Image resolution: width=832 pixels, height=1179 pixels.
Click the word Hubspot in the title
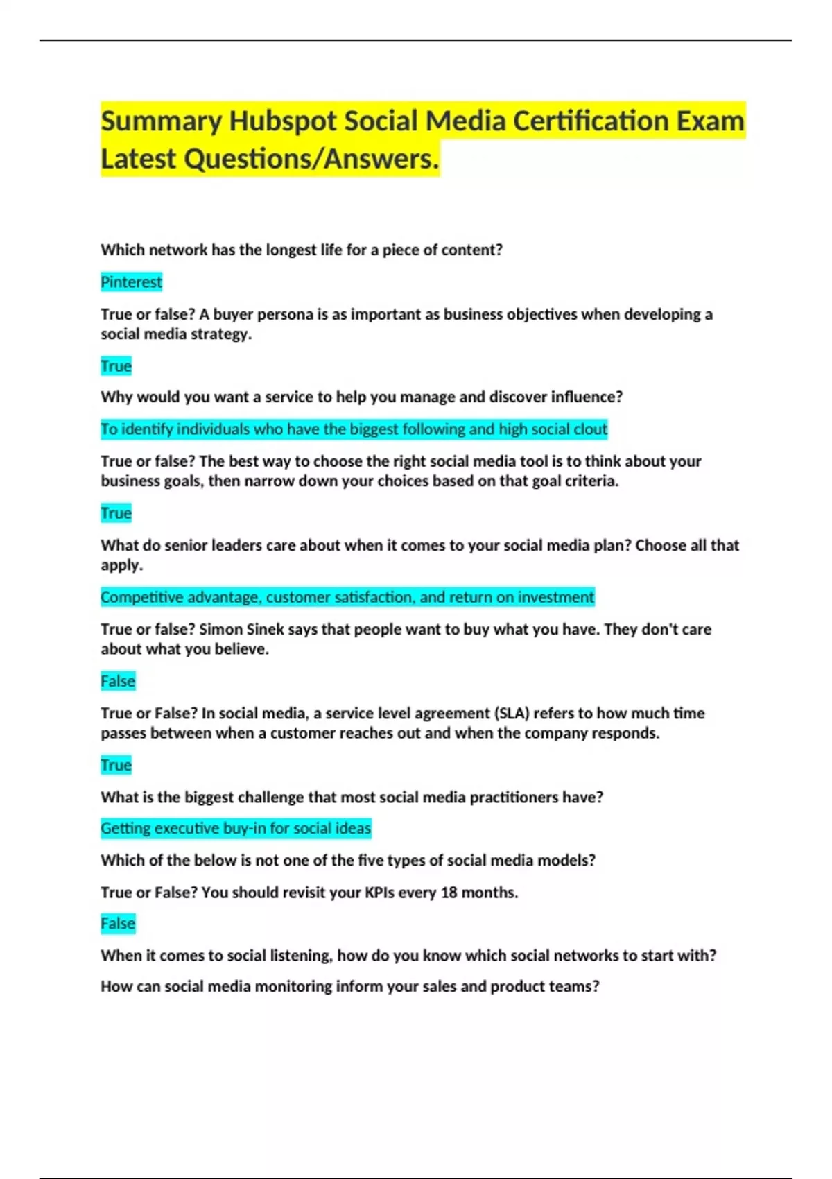pyautogui.click(x=283, y=121)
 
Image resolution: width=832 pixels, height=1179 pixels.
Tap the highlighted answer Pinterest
pyautogui.click(x=131, y=282)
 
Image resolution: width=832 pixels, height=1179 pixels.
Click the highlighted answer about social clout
pyautogui.click(x=354, y=429)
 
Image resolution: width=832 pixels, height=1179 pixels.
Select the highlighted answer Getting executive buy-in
pyautogui.click(x=236, y=828)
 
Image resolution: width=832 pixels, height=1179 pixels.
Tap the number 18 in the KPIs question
pyautogui.click(x=449, y=893)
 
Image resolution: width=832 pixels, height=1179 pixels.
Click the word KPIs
pyautogui.click(x=380, y=893)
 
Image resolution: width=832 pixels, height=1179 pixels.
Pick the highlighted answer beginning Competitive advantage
pyautogui.click(x=347, y=597)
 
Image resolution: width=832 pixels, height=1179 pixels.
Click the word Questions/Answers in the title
pyautogui.click(x=312, y=159)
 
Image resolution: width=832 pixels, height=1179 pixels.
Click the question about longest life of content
pyautogui.click(x=302, y=250)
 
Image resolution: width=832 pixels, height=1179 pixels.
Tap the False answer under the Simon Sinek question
pyautogui.click(x=118, y=681)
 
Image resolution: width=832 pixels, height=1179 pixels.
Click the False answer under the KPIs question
pyautogui.click(x=118, y=924)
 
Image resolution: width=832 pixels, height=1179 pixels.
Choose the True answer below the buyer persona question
pyautogui.click(x=116, y=366)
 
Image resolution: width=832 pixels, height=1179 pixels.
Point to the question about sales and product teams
pyautogui.click(x=349, y=987)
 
